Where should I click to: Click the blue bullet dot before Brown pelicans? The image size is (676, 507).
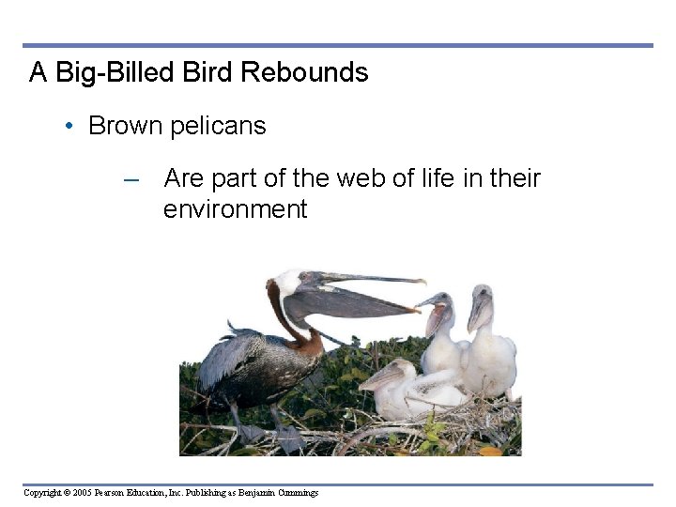click(x=72, y=127)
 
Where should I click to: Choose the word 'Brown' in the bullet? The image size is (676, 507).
click(x=126, y=126)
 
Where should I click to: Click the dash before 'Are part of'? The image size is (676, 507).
click(x=131, y=179)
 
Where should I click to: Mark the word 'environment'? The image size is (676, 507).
click(x=235, y=208)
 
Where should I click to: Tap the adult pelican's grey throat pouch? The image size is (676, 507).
click(x=347, y=306)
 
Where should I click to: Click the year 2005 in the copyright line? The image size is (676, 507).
click(x=80, y=493)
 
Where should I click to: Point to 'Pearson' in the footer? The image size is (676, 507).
click(x=112, y=493)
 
